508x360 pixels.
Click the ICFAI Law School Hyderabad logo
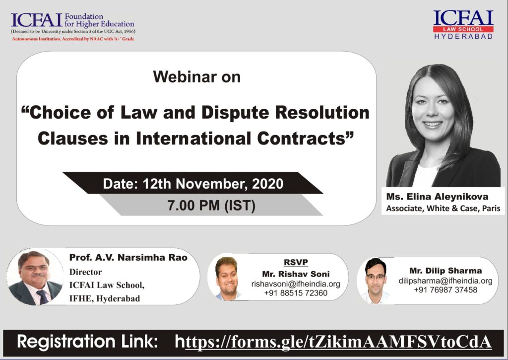(x=463, y=25)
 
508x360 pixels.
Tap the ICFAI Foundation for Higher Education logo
(x=73, y=27)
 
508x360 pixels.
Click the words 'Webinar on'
(x=196, y=77)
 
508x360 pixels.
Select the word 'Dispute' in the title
(x=234, y=113)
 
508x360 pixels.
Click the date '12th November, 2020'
(x=213, y=184)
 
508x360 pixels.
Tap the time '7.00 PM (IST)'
(x=211, y=205)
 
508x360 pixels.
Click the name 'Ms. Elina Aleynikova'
(x=437, y=197)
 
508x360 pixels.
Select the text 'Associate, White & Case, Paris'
(x=443, y=208)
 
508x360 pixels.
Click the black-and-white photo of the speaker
(x=443, y=125)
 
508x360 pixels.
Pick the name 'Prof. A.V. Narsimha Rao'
(x=128, y=258)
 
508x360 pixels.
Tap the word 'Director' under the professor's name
(x=85, y=272)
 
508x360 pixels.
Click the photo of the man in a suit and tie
(x=35, y=277)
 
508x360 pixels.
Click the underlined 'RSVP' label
(x=296, y=262)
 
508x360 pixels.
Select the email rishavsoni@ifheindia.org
(x=296, y=284)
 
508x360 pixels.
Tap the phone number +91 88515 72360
(x=296, y=293)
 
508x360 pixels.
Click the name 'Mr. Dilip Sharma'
(x=445, y=271)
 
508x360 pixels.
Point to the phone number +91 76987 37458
(x=445, y=289)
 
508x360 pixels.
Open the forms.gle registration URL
(x=333, y=342)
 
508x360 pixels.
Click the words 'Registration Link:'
(x=87, y=342)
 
